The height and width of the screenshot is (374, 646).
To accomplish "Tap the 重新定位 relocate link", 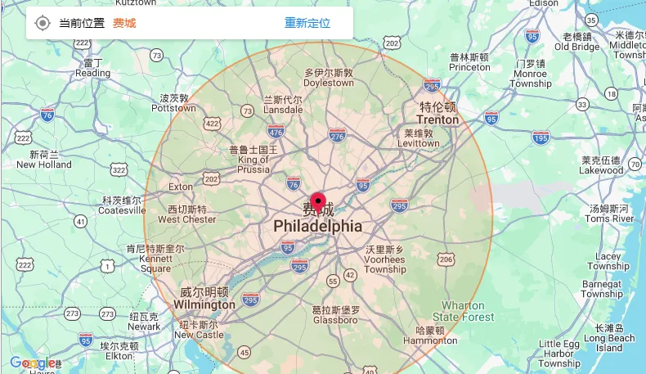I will coord(307,23).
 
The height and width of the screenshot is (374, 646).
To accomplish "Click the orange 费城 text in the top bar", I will coord(124,23).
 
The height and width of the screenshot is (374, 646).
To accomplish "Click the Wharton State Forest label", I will coord(464,312).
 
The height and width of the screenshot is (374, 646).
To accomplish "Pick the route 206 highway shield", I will coord(446,259).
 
